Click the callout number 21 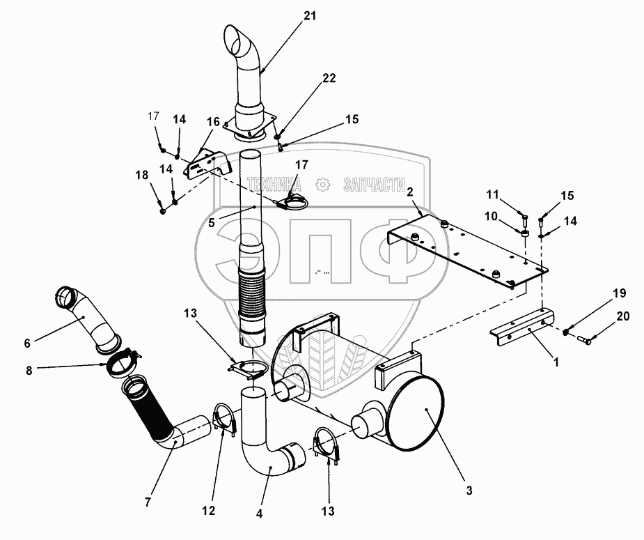310,16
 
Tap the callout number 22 329,78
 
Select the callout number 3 469,491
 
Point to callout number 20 622,316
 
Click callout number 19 620,293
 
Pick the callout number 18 142,175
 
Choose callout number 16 213,122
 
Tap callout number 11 492,195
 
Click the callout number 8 29,371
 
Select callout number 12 208,511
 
